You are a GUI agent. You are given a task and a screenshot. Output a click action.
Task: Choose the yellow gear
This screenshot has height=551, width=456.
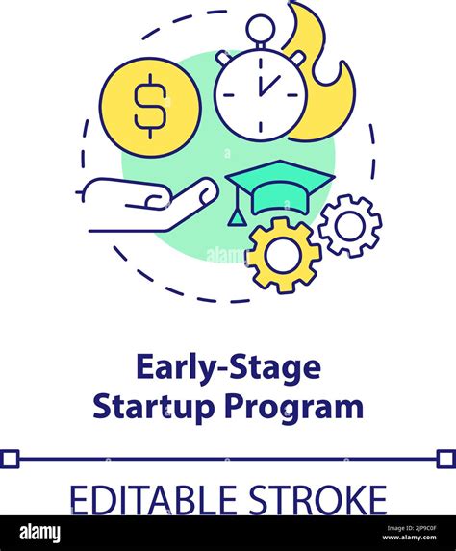point(284,255)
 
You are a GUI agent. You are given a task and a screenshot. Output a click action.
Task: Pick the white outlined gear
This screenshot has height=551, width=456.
point(349,226)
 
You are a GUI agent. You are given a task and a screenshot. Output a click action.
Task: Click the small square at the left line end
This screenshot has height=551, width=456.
point(9,459)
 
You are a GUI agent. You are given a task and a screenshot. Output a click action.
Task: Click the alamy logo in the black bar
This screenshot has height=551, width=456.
point(38,533)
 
